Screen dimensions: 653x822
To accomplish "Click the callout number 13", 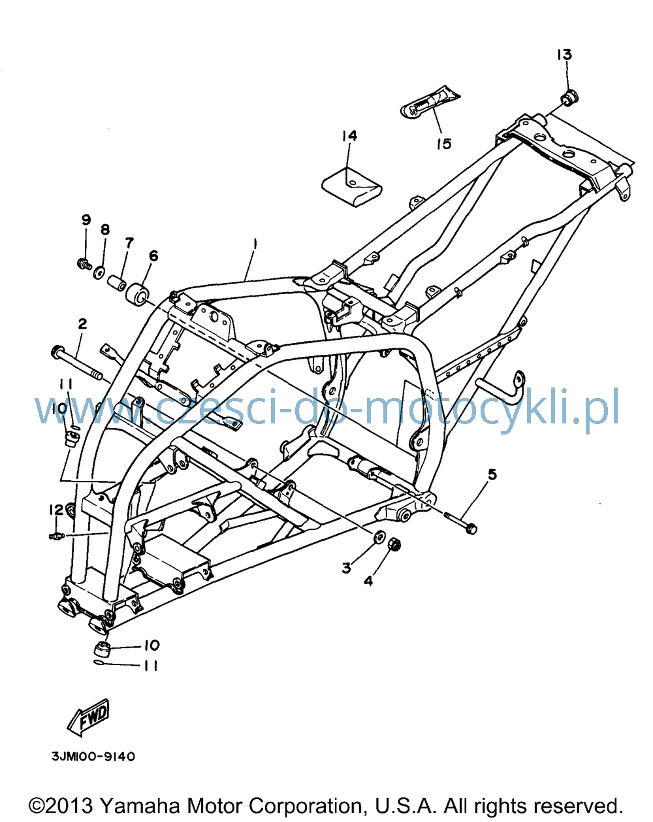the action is [564, 55].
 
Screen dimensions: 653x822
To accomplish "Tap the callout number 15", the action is [444, 144].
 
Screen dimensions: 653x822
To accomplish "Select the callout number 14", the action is [349, 136].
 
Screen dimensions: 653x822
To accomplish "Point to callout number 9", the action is [86, 220].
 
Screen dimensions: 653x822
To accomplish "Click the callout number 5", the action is [492, 475].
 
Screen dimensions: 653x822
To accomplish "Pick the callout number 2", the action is [82, 324].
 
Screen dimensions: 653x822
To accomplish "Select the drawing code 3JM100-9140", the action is [93, 757].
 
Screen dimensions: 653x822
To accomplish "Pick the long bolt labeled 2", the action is [76, 362].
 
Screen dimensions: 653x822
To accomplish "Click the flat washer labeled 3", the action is [379, 536].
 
